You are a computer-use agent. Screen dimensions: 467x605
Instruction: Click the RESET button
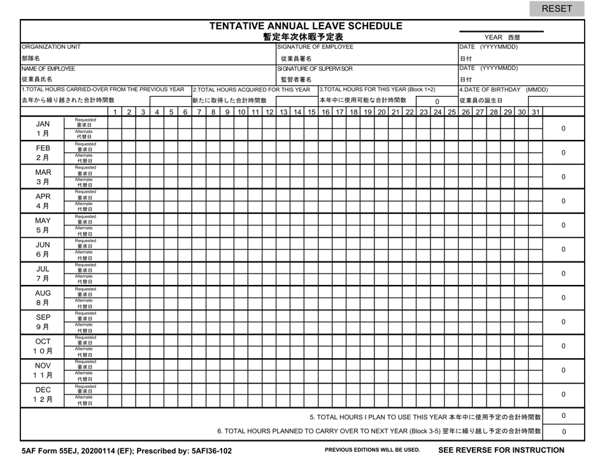(557, 9)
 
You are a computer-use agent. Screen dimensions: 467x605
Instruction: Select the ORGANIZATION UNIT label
(51, 46)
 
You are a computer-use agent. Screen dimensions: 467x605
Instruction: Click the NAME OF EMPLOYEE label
(48, 68)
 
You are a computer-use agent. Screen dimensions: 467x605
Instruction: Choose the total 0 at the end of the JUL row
(564, 274)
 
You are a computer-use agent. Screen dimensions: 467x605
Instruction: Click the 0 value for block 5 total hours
(564, 416)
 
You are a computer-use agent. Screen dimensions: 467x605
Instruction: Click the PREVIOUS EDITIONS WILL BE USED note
(373, 450)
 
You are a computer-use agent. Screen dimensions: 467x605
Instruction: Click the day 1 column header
(115, 113)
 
